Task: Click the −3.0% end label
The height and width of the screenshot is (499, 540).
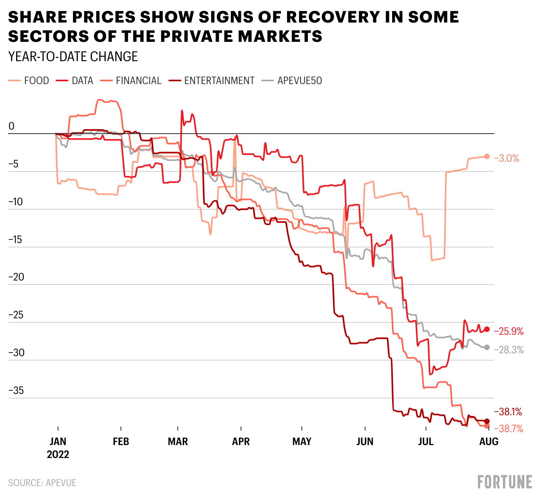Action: (x=507, y=159)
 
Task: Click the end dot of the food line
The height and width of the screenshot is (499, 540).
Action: (x=487, y=157)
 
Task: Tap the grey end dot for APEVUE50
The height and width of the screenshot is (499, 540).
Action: (x=487, y=347)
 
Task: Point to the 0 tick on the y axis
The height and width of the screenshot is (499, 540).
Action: (x=11, y=126)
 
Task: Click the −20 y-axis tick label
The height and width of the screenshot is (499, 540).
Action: (x=16, y=277)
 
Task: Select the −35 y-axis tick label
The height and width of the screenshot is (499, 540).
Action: (x=16, y=391)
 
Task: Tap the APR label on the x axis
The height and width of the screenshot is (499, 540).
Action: (x=241, y=442)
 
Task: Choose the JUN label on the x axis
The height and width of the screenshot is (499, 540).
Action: (x=365, y=442)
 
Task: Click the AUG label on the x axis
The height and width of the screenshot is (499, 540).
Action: (x=489, y=442)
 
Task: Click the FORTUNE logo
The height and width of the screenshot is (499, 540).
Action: (x=505, y=482)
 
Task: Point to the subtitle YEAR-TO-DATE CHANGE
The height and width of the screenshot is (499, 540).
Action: (x=73, y=57)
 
